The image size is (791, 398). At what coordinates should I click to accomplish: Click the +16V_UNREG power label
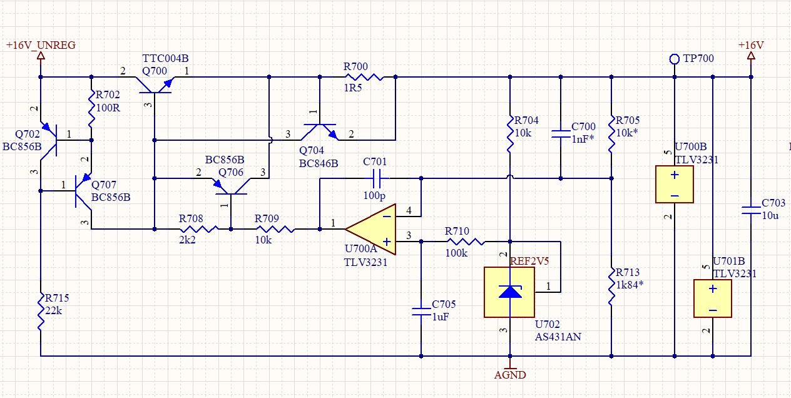41,46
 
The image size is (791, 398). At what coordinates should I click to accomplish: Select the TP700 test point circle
674,59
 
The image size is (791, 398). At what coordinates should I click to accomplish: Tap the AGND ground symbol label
510,375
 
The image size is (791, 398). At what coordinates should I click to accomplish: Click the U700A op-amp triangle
371,228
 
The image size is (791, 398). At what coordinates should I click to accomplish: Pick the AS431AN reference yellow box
510,292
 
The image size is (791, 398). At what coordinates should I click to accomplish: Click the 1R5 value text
353,89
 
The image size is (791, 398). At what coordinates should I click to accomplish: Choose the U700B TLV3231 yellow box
674,184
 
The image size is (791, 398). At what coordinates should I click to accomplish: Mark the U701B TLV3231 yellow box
712,298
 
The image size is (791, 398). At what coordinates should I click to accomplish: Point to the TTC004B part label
165,58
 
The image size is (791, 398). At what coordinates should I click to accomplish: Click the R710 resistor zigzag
464,241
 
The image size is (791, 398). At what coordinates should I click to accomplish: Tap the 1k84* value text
630,285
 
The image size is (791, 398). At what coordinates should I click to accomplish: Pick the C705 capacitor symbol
421,311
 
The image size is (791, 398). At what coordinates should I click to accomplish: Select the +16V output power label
751,46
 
